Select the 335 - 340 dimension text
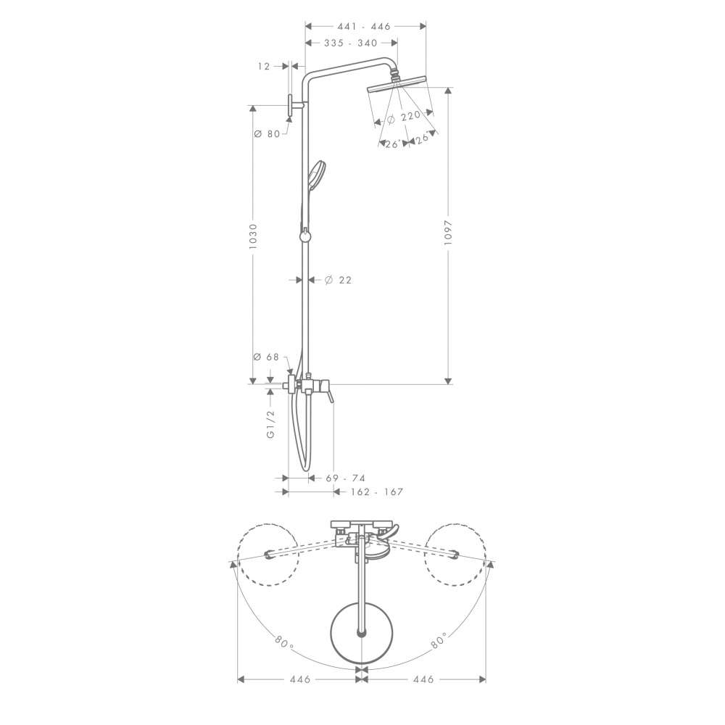tap(351, 43)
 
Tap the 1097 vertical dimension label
tap(447, 235)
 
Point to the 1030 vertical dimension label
tap(252, 237)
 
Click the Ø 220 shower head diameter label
tap(403, 117)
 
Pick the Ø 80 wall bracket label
tap(268, 134)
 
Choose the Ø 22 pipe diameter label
tap(338, 280)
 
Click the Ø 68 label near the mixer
tap(266, 357)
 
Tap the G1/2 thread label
tap(270, 424)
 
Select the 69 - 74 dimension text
tap(345, 478)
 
